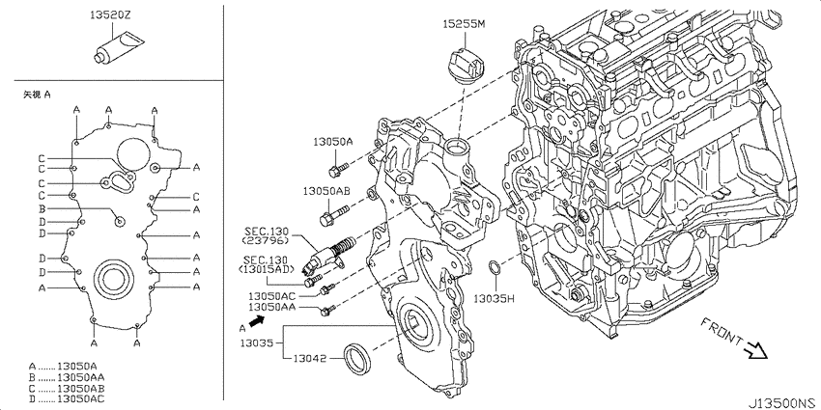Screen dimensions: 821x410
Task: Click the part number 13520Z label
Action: click(109, 15)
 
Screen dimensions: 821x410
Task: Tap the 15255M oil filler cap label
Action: click(465, 24)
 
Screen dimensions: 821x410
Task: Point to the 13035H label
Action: click(495, 299)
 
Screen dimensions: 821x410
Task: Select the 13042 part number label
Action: click(309, 359)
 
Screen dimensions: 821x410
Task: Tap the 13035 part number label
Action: click(257, 343)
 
